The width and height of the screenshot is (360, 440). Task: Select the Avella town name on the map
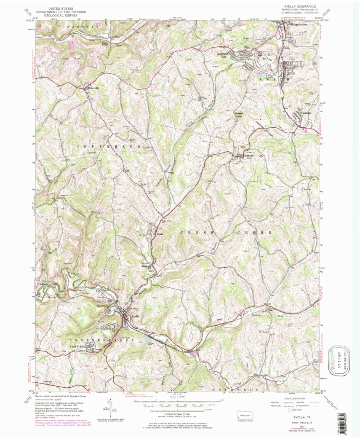135,316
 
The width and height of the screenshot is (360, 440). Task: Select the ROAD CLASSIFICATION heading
297,397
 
